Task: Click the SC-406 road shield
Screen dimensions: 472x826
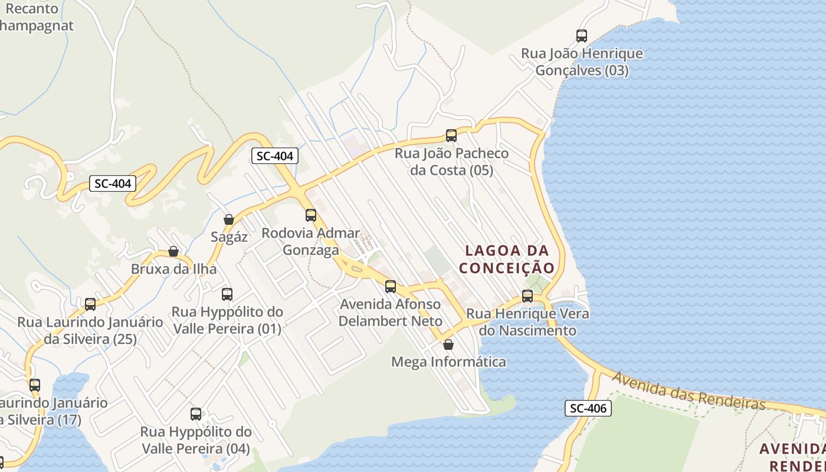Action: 588,408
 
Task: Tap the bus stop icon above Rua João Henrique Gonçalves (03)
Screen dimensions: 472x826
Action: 582,36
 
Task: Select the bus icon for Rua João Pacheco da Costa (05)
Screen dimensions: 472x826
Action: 451,136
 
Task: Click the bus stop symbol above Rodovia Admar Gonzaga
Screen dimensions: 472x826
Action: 311,215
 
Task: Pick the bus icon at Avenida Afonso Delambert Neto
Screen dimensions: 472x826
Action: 391,287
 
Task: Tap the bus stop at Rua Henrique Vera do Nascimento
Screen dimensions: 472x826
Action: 527,296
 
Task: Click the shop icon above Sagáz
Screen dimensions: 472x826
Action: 229,219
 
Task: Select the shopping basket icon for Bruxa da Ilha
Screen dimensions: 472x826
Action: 173,251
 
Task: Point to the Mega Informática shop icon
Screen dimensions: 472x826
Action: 448,345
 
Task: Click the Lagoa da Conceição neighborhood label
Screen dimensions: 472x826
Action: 507,260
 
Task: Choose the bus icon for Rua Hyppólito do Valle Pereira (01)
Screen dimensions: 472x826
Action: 227,294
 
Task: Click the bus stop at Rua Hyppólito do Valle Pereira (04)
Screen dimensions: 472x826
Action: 196,414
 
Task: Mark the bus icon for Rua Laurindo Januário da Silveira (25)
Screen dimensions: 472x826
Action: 90,304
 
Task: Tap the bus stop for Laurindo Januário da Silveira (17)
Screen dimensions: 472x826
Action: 35,385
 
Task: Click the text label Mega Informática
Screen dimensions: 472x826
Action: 448,362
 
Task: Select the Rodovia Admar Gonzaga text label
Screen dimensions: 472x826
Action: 311,241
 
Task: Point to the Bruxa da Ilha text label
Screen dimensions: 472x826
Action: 173,269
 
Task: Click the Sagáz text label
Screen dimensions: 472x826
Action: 229,237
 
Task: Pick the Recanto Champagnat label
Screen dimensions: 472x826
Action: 35,17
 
